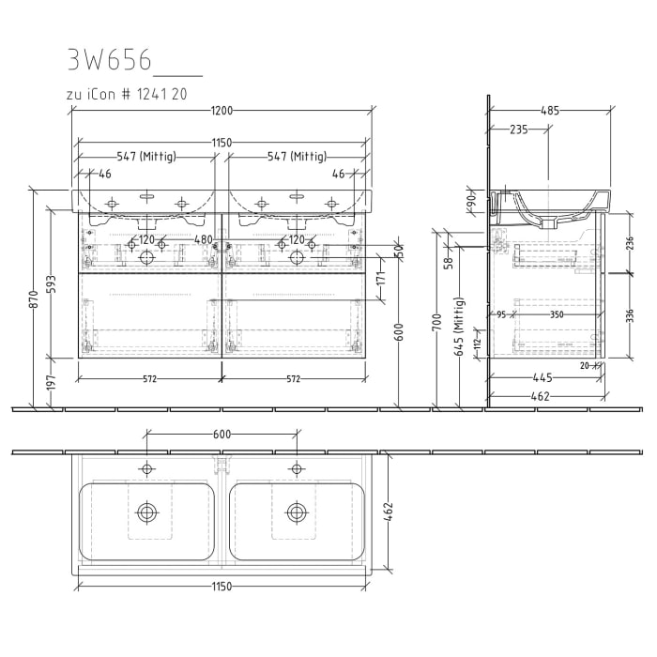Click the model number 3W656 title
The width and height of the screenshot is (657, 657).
(x=109, y=59)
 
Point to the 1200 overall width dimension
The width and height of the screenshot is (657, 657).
(x=221, y=111)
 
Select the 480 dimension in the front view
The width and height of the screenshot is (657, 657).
(x=203, y=239)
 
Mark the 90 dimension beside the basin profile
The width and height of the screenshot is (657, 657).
(x=471, y=201)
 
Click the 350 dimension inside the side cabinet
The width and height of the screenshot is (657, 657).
(x=558, y=315)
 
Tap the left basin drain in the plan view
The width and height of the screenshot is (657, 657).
(x=146, y=512)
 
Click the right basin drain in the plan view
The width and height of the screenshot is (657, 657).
(x=297, y=512)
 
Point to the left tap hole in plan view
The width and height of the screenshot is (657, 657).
(x=146, y=467)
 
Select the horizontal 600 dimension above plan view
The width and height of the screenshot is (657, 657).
(x=222, y=434)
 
